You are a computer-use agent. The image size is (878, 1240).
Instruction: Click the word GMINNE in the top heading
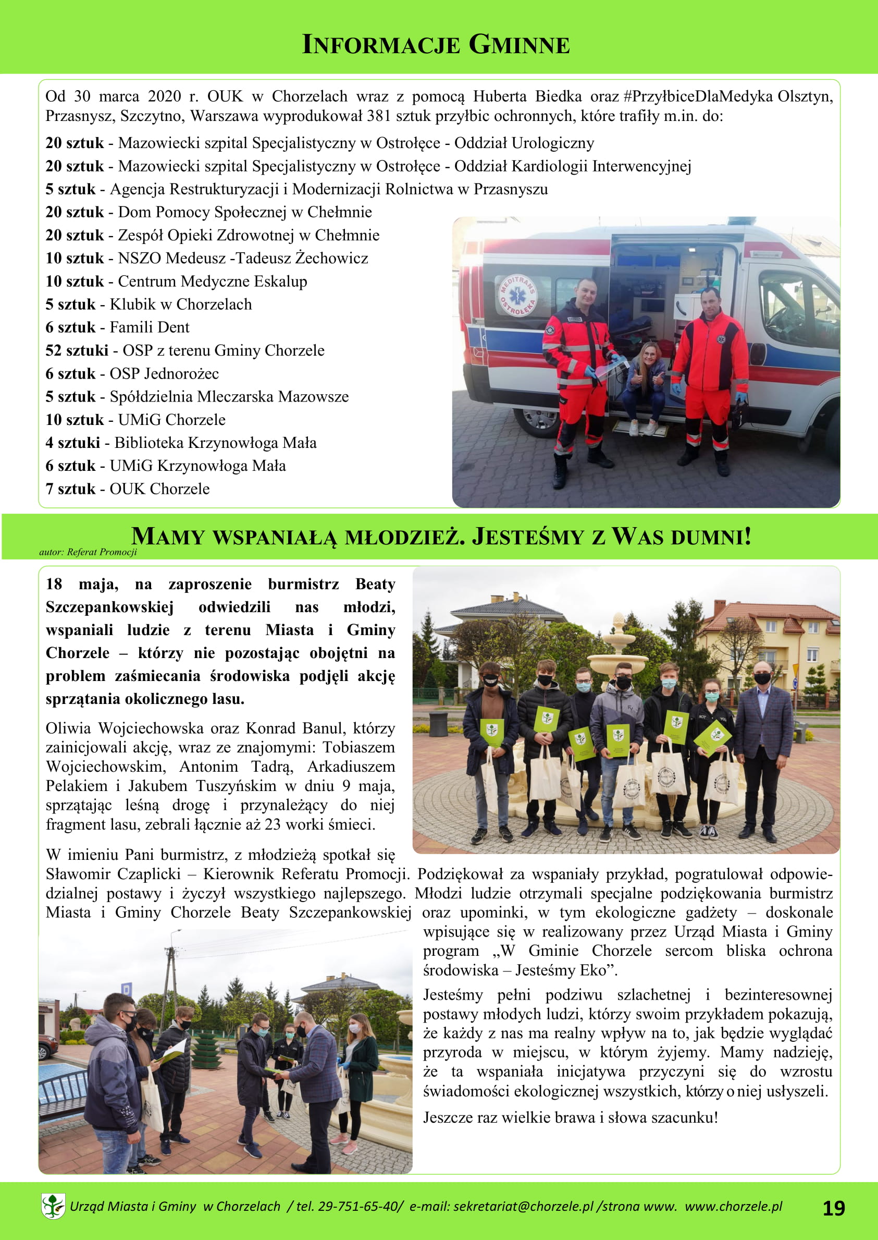[x=518, y=45]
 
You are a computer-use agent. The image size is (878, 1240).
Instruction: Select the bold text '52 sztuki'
[x=77, y=350]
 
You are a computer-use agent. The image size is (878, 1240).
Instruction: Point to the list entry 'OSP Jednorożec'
[x=164, y=373]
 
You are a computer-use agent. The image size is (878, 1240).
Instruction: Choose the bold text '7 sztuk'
[x=70, y=489]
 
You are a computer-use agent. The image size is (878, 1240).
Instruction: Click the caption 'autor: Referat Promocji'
[x=88, y=552]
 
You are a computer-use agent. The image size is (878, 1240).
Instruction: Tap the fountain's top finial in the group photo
[x=618, y=623]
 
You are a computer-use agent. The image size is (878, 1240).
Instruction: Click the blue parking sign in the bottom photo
[x=127, y=989]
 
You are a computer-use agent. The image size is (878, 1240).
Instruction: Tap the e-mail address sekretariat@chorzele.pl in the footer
[x=523, y=1206]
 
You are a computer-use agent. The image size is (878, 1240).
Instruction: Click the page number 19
[x=833, y=1208]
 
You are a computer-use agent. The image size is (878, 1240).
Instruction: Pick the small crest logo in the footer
[x=53, y=1206]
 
